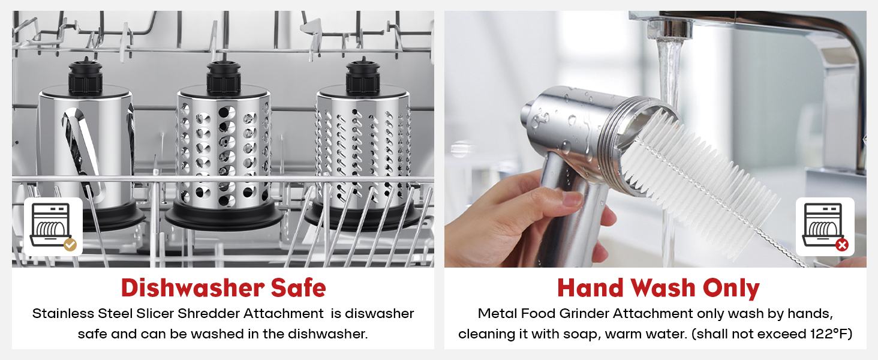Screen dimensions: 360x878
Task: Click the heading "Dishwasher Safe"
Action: coord(223,288)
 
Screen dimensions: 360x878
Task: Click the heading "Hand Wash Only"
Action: coord(658,288)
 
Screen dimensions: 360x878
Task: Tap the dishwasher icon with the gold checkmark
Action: coord(53,227)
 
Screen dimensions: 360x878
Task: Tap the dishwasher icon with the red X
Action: coord(825,227)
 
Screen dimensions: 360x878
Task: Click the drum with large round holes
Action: coord(223,150)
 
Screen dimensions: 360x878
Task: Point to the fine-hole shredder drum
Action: coord(362,150)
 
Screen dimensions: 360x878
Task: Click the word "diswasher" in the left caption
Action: coord(380,313)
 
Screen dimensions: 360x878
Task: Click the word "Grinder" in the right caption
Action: coord(588,313)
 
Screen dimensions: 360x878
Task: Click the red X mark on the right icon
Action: coord(842,244)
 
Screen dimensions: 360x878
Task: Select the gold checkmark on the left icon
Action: coord(70,244)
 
